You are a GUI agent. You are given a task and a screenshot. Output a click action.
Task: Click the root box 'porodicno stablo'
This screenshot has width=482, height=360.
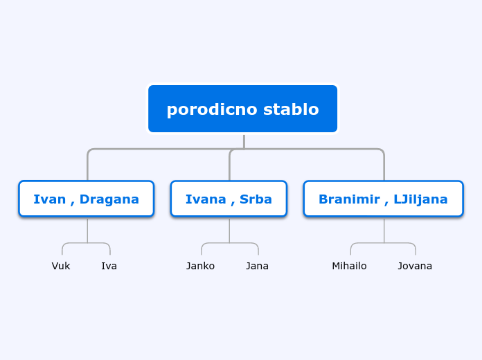pos(242,109)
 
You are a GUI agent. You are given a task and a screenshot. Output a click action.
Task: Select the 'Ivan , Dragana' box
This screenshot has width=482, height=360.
pos(86,199)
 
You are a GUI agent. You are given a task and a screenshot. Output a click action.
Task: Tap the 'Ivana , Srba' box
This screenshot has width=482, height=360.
pos(229,199)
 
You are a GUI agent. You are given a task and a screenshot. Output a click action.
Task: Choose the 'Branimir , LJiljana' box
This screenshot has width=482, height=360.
pos(383,199)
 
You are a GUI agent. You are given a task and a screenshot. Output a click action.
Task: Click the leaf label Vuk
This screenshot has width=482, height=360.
pos(61,266)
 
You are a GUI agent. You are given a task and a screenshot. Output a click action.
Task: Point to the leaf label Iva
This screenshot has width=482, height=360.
pos(109,266)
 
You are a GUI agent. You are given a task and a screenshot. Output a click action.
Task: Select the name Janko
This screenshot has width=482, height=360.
pos(200,266)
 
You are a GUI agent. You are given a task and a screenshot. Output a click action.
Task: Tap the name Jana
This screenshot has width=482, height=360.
pos(257,266)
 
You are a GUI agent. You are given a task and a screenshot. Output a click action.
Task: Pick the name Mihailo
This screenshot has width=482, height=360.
pos(349,266)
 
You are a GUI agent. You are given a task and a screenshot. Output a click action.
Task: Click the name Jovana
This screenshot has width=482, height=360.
pos(415,266)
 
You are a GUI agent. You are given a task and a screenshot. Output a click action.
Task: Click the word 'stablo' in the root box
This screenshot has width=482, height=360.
pos(290,109)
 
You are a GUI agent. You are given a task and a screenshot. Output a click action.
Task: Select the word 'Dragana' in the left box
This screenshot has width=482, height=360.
pos(109,199)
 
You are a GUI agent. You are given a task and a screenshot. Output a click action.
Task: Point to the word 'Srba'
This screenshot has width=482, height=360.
pos(256,199)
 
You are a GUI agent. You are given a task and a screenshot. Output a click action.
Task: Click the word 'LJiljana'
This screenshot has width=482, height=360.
pos(420,199)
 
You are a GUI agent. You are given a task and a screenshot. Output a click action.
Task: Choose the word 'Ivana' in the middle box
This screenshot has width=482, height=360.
pos(205,199)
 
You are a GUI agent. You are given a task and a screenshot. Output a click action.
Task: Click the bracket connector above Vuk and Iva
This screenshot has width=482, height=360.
pos(87,243)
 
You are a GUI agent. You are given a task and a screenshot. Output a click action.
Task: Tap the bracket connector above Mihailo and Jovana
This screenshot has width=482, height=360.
pos(384,243)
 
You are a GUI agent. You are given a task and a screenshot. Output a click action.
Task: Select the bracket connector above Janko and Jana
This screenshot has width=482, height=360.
pos(229,243)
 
